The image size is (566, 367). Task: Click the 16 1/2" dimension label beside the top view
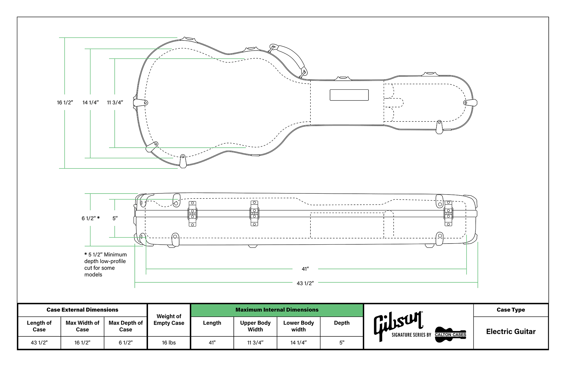tap(65, 103)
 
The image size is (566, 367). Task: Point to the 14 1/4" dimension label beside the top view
tap(91, 103)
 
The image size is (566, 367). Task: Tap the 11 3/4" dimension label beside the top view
tap(115, 103)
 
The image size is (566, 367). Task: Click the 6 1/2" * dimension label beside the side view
tap(91, 218)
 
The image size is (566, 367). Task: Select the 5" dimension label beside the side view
tap(115, 218)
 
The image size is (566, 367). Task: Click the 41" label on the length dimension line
tap(305, 269)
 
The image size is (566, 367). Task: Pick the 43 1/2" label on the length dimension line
tap(305, 283)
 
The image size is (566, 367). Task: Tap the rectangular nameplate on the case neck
tap(349, 95)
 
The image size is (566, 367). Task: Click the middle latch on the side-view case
tap(254, 213)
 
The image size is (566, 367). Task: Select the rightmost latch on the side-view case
tap(448, 213)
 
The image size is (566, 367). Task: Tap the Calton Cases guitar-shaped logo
tap(450, 334)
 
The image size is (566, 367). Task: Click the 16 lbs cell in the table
tap(169, 343)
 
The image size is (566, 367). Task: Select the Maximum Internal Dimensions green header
tap(277, 310)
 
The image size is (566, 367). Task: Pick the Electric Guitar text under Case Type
tap(511, 332)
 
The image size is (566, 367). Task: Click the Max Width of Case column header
tap(82, 326)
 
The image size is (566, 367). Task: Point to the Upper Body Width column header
tap(255, 326)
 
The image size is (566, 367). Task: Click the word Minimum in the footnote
tap(115, 255)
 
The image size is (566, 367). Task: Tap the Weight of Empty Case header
tap(169, 320)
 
